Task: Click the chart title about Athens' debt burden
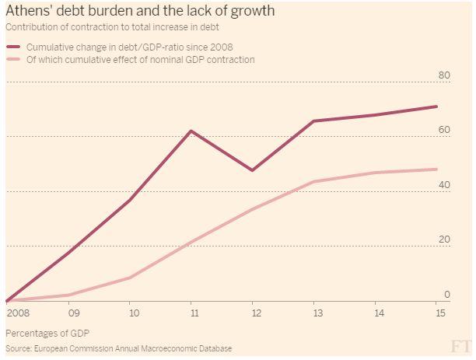point(139,12)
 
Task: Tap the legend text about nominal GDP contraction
point(140,60)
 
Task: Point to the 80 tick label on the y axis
point(445,75)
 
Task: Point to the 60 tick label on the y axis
point(445,130)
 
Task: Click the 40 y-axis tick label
point(445,185)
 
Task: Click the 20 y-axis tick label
point(445,239)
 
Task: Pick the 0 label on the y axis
point(447,294)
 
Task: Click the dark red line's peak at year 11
point(191,131)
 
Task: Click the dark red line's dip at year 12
point(252,170)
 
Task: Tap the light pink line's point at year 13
point(313,182)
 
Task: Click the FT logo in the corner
point(460,346)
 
